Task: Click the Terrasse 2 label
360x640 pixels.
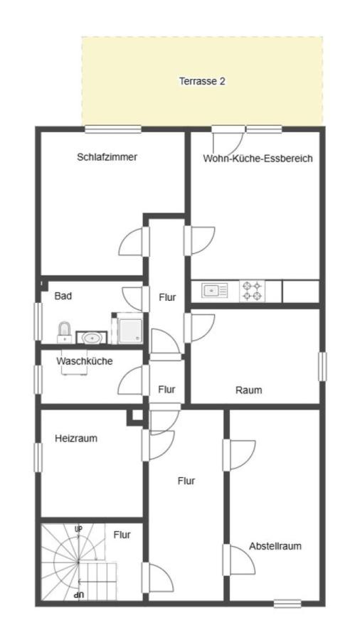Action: (201, 81)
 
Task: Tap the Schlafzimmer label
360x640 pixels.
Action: (107, 157)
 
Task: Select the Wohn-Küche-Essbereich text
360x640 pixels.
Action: (258, 159)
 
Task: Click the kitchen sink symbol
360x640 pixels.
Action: (214, 290)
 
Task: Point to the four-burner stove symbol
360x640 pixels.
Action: (252, 291)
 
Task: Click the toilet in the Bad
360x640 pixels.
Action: (65, 332)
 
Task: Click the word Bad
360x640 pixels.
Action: (63, 296)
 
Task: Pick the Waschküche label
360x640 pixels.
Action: (84, 361)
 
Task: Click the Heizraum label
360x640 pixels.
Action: (76, 439)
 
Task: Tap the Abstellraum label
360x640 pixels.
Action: (275, 546)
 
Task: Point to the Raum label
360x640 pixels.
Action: (248, 390)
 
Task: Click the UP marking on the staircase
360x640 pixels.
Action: (79, 529)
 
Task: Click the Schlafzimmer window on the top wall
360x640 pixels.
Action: (113, 129)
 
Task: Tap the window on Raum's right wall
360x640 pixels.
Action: (322, 366)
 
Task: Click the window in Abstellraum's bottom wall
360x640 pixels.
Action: (287, 604)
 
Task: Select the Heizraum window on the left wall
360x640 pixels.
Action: (38, 457)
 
